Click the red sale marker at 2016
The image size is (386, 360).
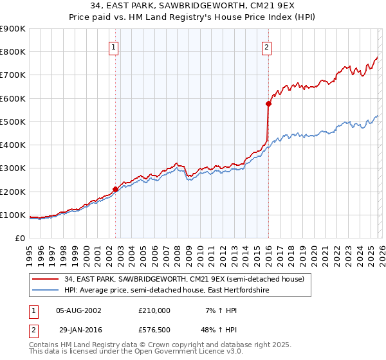268,104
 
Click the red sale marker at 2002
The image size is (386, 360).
116,189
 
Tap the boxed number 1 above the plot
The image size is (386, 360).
113,46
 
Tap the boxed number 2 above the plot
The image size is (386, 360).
266,46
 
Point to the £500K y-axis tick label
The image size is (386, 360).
13,122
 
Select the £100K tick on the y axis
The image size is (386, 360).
13,215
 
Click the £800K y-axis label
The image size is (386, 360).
13,51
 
